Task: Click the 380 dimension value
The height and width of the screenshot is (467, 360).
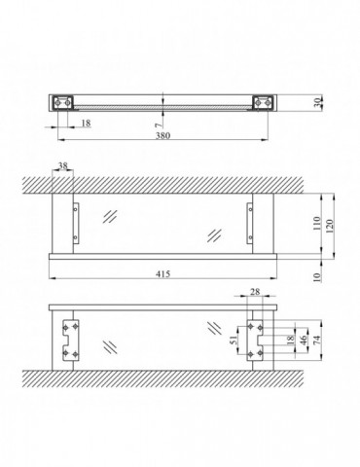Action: tap(162, 135)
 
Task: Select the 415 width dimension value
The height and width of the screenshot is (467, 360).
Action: tap(162, 274)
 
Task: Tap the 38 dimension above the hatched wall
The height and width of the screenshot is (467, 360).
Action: tap(62, 166)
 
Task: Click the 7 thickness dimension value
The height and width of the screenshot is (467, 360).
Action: tap(158, 125)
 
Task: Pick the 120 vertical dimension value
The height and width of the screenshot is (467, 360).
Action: tap(329, 227)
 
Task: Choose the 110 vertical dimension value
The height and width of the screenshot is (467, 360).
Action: tap(317, 223)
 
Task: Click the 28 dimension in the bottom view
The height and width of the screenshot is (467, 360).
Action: tap(255, 292)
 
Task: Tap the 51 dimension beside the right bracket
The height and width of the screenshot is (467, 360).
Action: tap(234, 341)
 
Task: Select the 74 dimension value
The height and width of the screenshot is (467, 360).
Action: tap(317, 340)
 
